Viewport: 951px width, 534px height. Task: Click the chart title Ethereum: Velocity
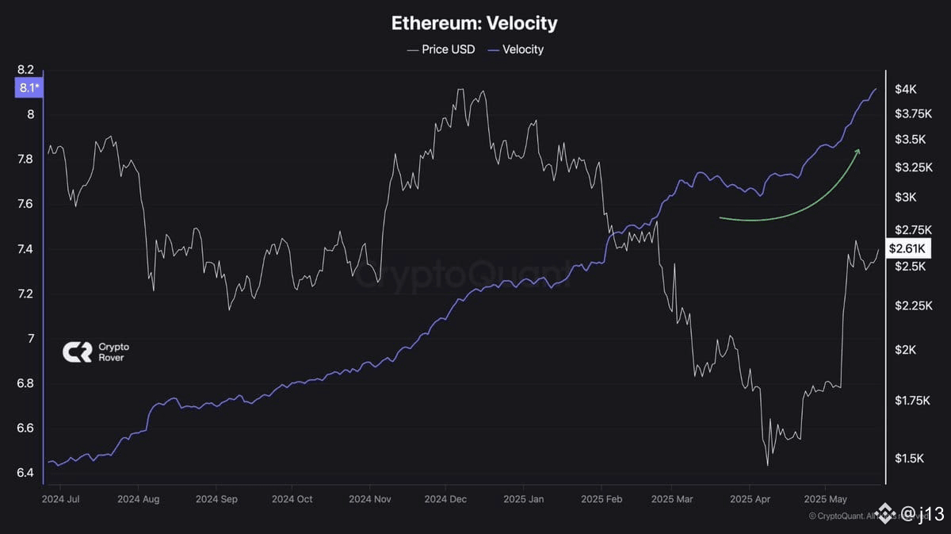[x=474, y=23]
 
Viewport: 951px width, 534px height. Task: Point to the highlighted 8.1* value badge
[x=28, y=88]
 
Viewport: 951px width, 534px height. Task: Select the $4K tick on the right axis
[x=906, y=90]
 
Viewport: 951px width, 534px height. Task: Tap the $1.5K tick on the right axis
[x=909, y=459]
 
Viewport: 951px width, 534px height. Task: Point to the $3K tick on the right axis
[x=906, y=197]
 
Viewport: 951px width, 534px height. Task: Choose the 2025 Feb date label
[x=601, y=500]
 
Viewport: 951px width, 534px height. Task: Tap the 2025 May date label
[x=825, y=500]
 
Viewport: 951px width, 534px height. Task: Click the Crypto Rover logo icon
[x=76, y=352]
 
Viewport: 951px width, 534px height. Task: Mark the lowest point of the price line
[x=767, y=465]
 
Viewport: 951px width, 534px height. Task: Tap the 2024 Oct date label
[x=293, y=500]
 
